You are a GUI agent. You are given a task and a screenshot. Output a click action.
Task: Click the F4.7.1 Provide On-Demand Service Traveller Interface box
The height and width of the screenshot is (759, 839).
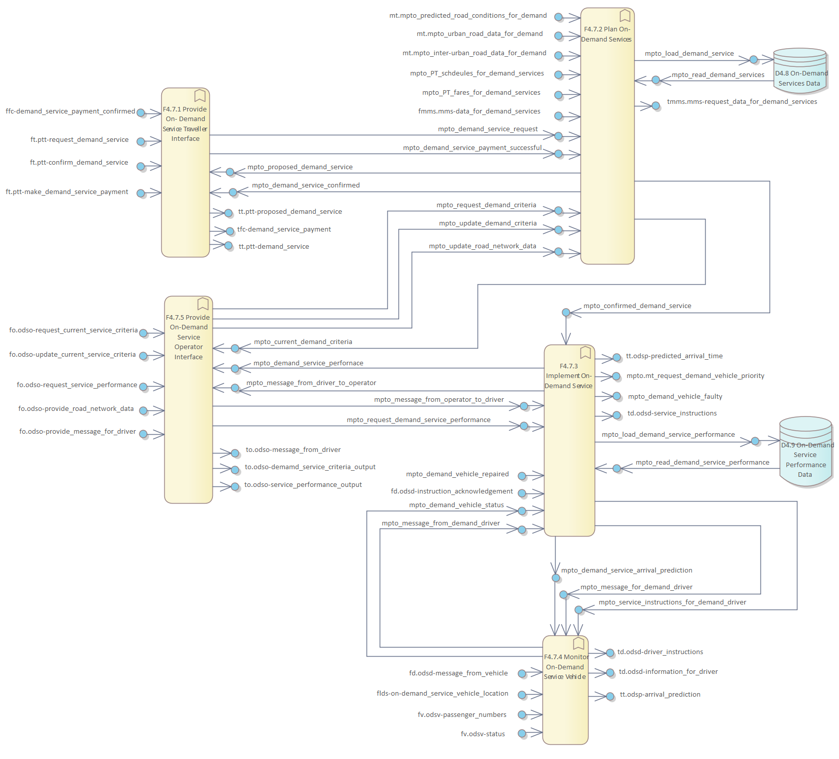click(186, 172)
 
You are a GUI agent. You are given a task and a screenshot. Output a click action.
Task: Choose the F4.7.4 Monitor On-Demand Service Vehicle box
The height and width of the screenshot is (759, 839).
click(565, 690)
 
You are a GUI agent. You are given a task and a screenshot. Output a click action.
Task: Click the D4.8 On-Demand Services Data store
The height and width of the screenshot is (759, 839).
click(800, 71)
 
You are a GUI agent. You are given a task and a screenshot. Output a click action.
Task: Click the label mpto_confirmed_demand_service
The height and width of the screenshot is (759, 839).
click(637, 306)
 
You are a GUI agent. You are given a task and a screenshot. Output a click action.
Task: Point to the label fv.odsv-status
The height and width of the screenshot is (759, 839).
click(483, 734)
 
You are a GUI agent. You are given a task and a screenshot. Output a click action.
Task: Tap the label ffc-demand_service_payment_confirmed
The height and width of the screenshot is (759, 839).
click(70, 111)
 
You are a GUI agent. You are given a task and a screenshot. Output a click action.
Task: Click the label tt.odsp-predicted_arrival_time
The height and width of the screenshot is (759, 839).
click(674, 356)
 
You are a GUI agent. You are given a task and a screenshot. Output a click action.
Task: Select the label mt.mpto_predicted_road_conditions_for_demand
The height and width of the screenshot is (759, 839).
click(468, 16)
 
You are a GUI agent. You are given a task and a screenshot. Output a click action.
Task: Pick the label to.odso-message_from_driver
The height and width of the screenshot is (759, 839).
click(293, 450)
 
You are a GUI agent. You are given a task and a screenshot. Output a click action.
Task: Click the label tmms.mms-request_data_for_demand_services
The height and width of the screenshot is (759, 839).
click(742, 102)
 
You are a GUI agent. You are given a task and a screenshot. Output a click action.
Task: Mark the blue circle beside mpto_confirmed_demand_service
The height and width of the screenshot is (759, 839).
click(566, 313)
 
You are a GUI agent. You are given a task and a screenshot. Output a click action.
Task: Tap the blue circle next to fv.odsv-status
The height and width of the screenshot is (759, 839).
click(522, 734)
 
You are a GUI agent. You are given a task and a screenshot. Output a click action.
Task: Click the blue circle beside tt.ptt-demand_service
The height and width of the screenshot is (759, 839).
click(229, 246)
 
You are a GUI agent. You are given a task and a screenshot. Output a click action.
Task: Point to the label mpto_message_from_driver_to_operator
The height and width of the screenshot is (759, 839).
click(311, 383)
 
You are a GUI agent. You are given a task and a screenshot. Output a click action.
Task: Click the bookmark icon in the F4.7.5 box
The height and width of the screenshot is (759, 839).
click(203, 303)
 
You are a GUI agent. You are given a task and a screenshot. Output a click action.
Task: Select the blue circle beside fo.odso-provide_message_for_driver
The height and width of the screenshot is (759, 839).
click(143, 434)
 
